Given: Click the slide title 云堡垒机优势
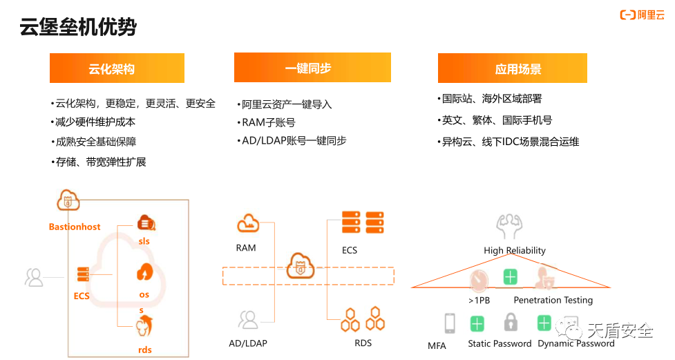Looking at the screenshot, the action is pos(78,27).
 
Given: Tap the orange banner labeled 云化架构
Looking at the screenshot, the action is pos(117,68).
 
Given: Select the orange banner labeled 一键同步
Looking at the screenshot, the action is pos(312,68).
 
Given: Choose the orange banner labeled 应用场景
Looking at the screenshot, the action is pos(512,68).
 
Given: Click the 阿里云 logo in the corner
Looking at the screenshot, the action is pos(642,15).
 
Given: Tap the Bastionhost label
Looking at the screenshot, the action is pos(75,227).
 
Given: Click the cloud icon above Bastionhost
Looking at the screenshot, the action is pos(68,200).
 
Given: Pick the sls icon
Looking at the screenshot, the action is pos(146,223).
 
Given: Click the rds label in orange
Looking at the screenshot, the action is pos(144,350).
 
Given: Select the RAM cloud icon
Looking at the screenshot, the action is pos(248,223).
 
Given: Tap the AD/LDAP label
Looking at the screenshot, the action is pos(248,343).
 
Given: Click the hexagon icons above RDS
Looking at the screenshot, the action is pos(363,319).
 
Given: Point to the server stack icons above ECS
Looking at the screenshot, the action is pos(363,222).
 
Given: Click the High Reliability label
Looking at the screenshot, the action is pos(515,251).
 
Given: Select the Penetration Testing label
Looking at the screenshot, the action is pos(553,300).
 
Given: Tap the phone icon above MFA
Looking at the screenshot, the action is pos(450,323).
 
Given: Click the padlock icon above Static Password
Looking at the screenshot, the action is pos(511,322).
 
